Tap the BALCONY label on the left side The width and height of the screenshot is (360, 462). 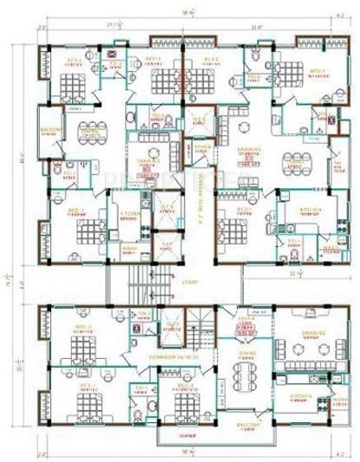pos(50,131)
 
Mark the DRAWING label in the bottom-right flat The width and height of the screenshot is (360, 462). pos(314,330)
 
